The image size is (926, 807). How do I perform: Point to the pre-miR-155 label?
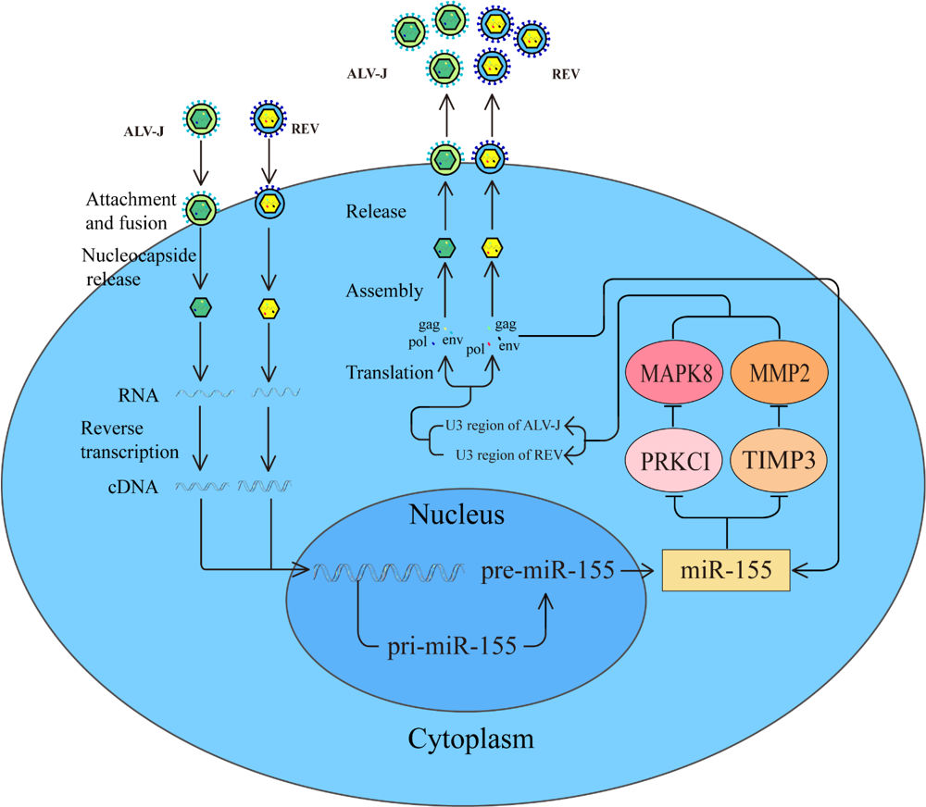(x=548, y=569)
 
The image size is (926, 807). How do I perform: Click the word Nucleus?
(x=457, y=515)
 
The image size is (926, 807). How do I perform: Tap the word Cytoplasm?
(x=471, y=739)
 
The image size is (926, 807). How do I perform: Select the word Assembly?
(x=384, y=292)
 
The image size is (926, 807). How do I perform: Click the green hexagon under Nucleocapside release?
(x=201, y=307)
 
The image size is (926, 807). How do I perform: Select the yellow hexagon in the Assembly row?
(x=491, y=247)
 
